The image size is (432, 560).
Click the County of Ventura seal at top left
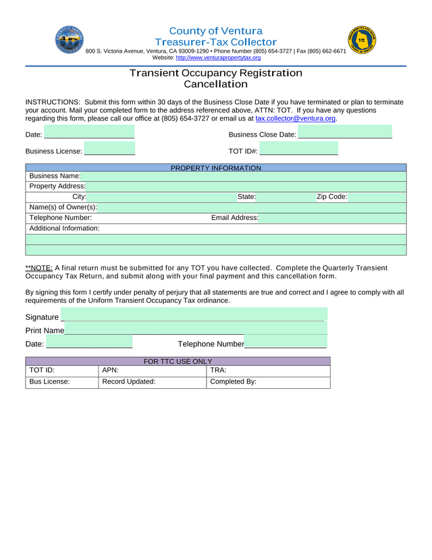pos(70,41)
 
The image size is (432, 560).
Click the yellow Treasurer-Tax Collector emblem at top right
pos(362,41)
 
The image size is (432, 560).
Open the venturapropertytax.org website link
pos(218,58)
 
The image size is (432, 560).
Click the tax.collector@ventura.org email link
pos(295,118)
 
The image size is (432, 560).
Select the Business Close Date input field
pos(345,133)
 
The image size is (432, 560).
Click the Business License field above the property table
pos(109,149)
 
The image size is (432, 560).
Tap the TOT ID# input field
pos(298,149)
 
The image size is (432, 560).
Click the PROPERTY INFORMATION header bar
pos(216,168)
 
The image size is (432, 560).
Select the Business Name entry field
pos(243,177)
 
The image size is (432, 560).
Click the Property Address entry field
pos(246,187)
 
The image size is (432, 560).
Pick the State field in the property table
pos(285,197)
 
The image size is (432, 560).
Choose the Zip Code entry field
pos(377,197)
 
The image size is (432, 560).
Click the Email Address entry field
pos(332,218)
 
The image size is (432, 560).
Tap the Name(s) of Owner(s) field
pos(251,208)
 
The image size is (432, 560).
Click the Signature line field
pos(193,316)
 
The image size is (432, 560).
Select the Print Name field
pos(196,329)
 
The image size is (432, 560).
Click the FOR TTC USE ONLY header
pos(178,361)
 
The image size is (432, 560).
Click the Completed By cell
pos(268,382)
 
